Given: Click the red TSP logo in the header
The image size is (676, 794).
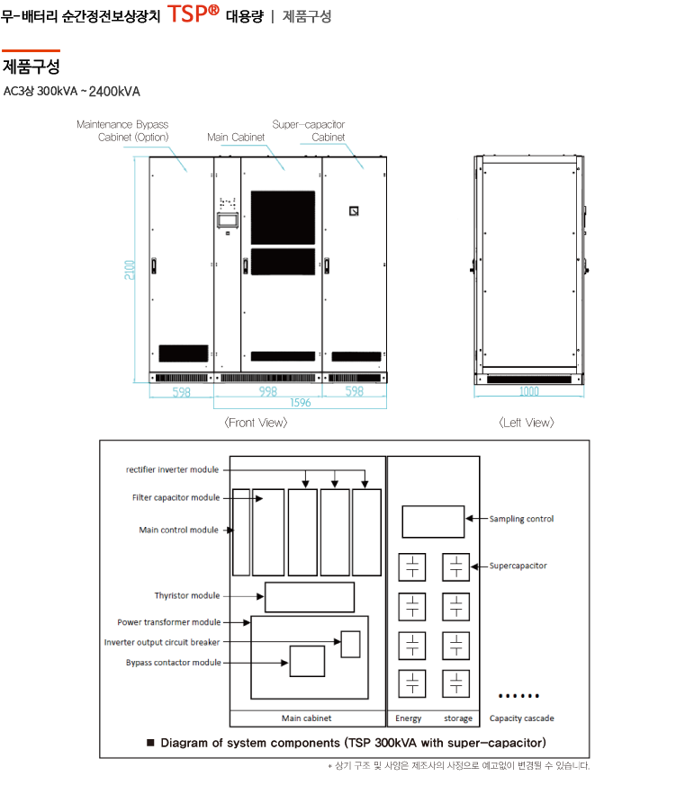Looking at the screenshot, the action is pyautogui.click(x=193, y=13).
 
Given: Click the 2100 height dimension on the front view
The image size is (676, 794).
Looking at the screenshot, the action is pyautogui.click(x=130, y=270).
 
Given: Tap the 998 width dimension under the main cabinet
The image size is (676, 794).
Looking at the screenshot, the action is pyautogui.click(x=267, y=391).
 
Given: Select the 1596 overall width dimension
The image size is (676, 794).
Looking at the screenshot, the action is pyautogui.click(x=300, y=403).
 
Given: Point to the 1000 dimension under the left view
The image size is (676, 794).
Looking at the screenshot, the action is pyautogui.click(x=529, y=391).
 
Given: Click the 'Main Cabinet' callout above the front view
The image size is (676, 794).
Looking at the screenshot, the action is pyautogui.click(x=236, y=138).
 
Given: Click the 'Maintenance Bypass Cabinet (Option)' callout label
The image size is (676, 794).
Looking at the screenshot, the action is pyautogui.click(x=122, y=130).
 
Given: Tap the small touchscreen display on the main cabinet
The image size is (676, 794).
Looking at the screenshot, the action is pyautogui.click(x=228, y=220).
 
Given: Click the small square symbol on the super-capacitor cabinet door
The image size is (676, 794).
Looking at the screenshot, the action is pyautogui.click(x=354, y=211).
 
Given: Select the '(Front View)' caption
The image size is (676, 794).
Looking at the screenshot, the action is pyautogui.click(x=256, y=423).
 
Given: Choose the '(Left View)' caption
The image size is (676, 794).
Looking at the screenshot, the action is pyautogui.click(x=527, y=423).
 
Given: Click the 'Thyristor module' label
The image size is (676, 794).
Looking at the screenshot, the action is pyautogui.click(x=187, y=595).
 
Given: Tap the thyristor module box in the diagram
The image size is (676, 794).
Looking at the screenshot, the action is pyautogui.click(x=310, y=598).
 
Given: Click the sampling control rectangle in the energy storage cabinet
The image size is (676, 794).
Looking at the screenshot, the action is pyautogui.click(x=433, y=522).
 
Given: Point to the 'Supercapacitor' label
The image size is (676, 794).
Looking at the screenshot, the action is pyautogui.click(x=518, y=566).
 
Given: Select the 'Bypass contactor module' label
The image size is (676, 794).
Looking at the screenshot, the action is pyautogui.click(x=174, y=663).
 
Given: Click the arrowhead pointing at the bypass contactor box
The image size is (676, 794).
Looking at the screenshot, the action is pyautogui.click(x=284, y=663).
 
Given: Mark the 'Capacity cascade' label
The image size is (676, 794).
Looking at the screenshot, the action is pyautogui.click(x=521, y=718).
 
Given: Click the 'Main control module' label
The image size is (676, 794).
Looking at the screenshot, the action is pyautogui.click(x=178, y=530).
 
